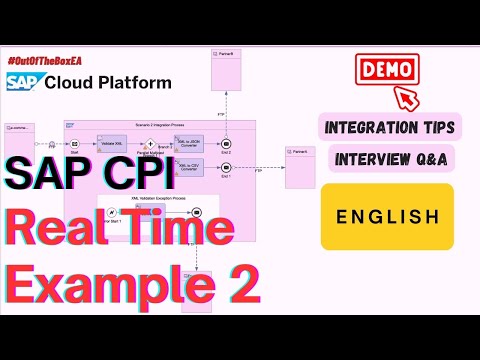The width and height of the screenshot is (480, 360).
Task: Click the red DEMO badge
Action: (383, 71)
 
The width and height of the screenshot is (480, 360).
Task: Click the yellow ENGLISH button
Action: (386, 216)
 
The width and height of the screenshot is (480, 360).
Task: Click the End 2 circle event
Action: (227, 143)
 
